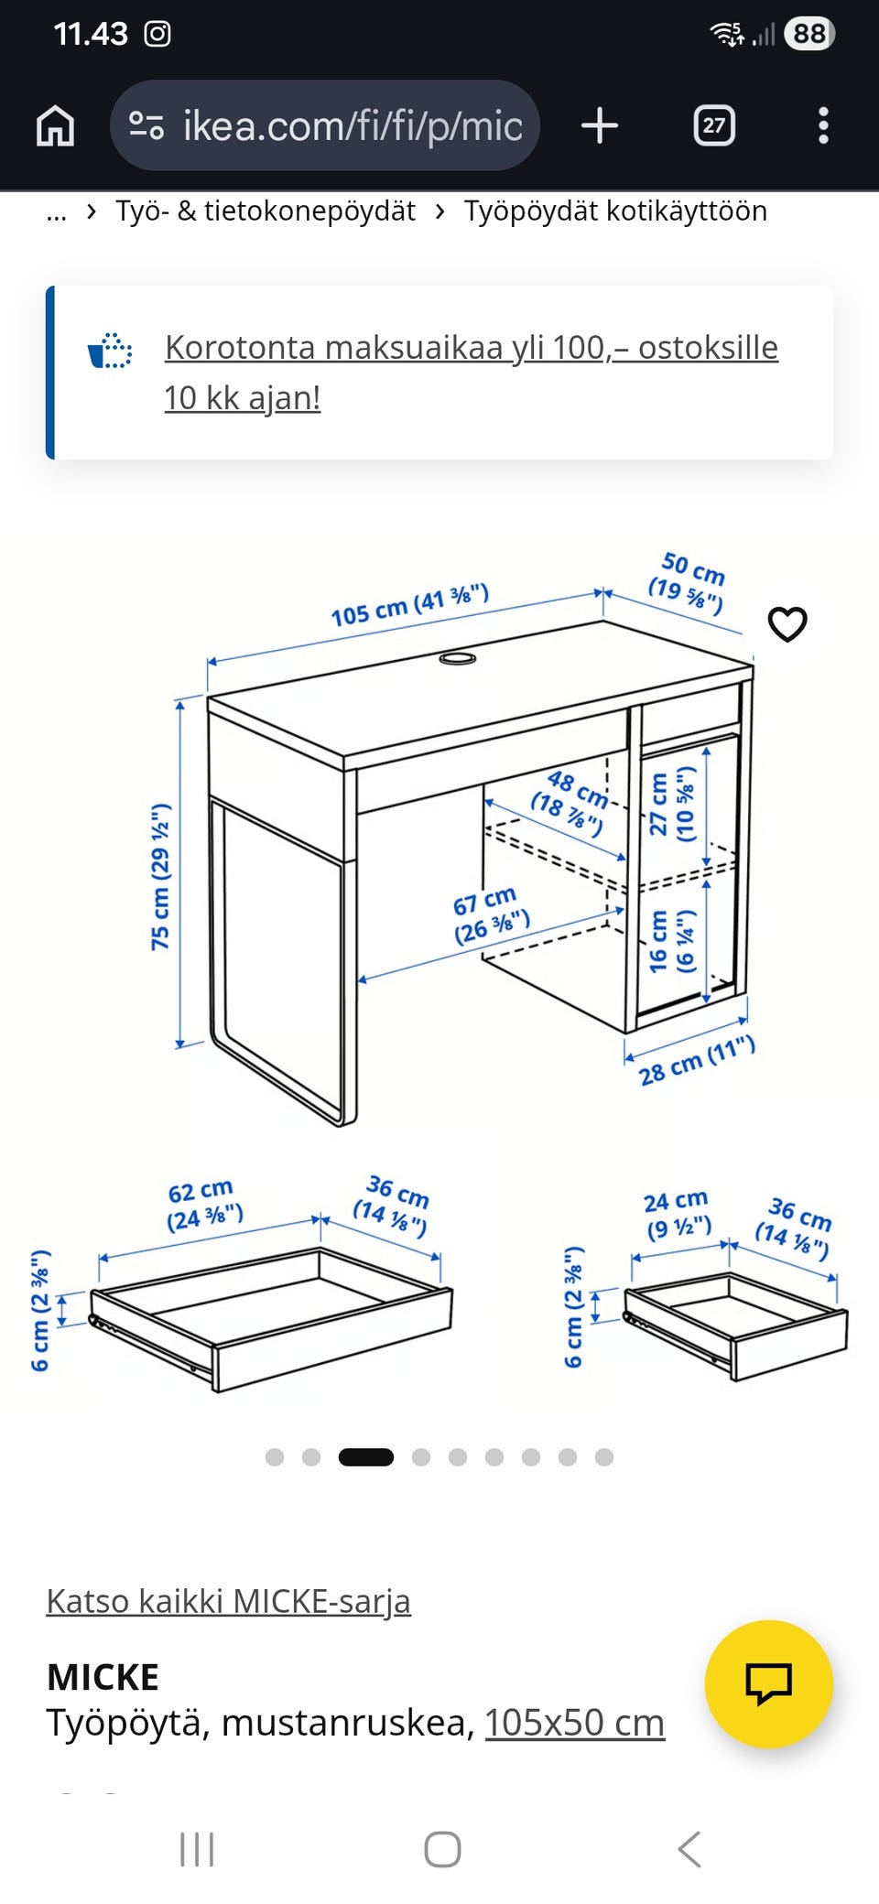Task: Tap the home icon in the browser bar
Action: tap(55, 125)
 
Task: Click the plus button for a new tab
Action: tap(600, 125)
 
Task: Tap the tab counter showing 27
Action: tap(714, 125)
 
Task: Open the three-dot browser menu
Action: tap(823, 125)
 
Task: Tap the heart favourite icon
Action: tap(787, 624)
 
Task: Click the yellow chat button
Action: tap(769, 1683)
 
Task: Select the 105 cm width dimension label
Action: tap(410, 604)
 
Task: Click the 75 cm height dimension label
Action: tap(160, 877)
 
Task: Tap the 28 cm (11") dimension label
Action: tap(697, 1060)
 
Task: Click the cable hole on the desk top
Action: tap(458, 658)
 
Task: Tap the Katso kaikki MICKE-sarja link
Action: tap(229, 1601)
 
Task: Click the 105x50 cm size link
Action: tap(574, 1723)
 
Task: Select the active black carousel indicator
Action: tap(366, 1457)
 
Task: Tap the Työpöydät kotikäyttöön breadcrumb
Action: tap(615, 211)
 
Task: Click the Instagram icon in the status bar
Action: tap(157, 34)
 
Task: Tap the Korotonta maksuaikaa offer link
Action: tap(471, 373)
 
